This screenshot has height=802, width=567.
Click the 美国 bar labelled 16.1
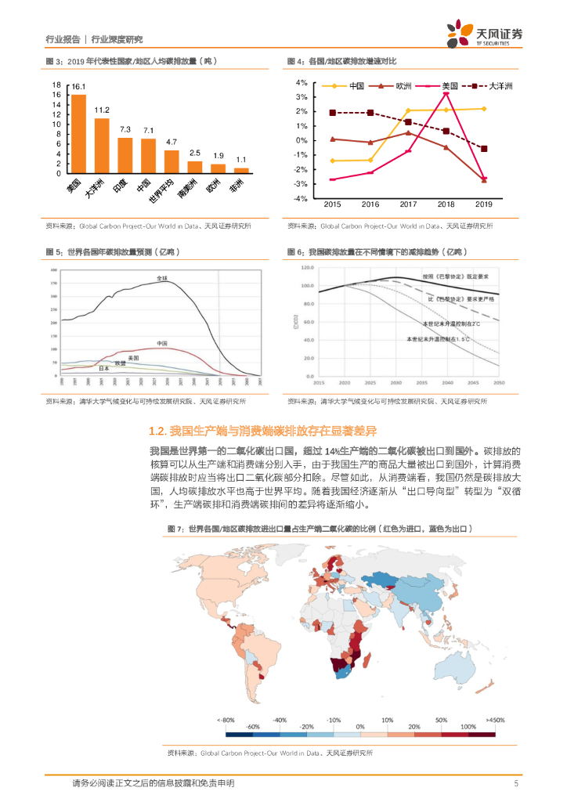pyautogui.click(x=78, y=133)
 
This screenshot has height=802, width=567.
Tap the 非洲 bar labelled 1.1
pyautogui.click(x=241, y=170)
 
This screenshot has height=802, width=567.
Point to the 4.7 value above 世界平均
pyautogui.click(x=172, y=142)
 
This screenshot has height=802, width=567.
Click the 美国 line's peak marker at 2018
pyautogui.click(x=446, y=93)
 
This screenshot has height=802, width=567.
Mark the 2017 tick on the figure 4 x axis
pyautogui.click(x=407, y=204)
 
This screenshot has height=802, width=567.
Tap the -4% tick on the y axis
pyautogui.click(x=301, y=199)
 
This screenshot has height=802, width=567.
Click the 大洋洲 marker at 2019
pyautogui.click(x=484, y=149)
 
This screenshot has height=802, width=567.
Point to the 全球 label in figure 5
pyautogui.click(x=162, y=279)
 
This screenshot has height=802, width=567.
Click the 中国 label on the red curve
pyautogui.click(x=161, y=343)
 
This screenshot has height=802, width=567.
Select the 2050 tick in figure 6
pyautogui.click(x=499, y=382)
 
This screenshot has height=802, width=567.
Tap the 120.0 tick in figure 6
pyautogui.click(x=304, y=268)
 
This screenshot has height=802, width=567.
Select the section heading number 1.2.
pyautogui.click(x=157, y=431)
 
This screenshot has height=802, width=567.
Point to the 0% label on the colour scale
pyautogui.click(x=360, y=727)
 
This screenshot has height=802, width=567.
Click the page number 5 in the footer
pyautogui.click(x=516, y=782)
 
